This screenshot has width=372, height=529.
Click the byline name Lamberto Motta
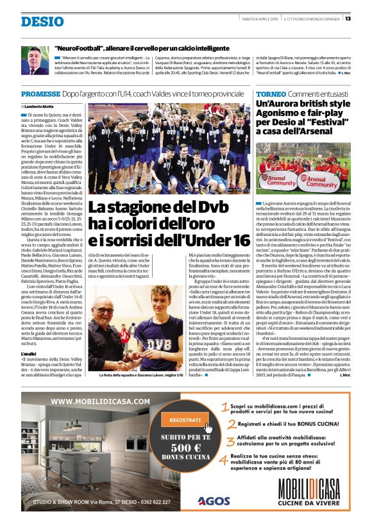tap(40, 105)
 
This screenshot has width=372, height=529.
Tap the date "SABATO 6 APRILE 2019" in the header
tap(265, 18)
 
